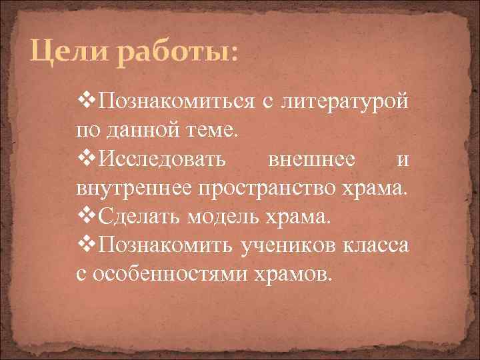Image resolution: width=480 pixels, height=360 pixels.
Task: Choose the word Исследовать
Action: point(162,160)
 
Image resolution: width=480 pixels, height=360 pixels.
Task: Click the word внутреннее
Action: point(133,189)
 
